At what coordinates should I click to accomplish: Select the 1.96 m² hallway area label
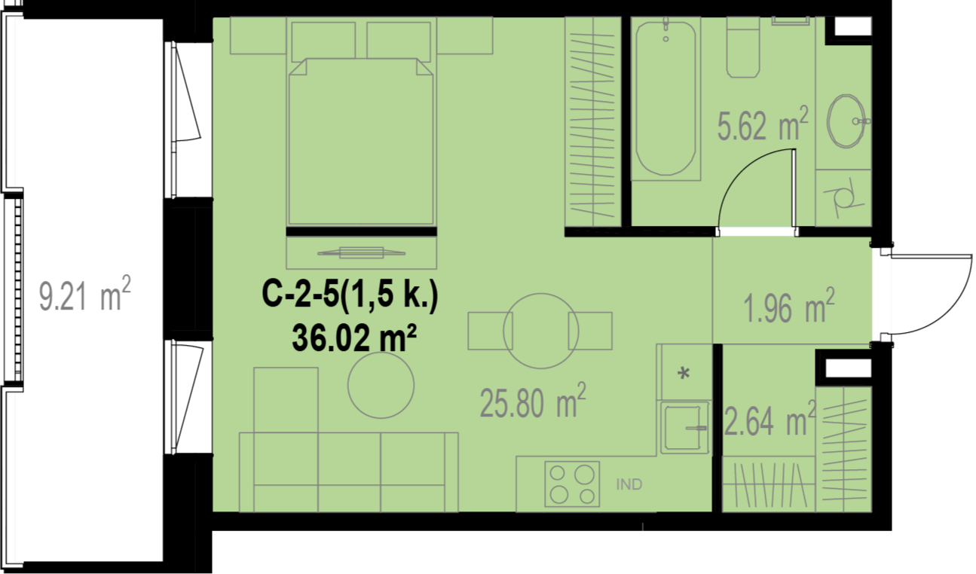pos(788,306)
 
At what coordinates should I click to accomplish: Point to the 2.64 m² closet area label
pos(769,419)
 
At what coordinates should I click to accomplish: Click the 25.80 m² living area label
pos(533,401)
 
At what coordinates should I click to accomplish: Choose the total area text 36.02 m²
pos(354,339)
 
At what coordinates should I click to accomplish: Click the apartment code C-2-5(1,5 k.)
pos(350,295)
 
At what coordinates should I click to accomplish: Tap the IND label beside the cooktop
pos(629,484)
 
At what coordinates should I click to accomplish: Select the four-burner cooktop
pos(572,484)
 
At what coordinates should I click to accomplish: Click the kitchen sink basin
pos(684,427)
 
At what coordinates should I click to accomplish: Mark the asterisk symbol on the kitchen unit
pos(684,374)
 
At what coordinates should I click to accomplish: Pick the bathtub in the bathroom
pos(665,99)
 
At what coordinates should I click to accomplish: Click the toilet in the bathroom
pos(743,47)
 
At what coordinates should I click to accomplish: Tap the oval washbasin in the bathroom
pos(846,121)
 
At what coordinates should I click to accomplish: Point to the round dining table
pos(540,331)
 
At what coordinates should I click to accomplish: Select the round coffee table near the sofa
pos(381,385)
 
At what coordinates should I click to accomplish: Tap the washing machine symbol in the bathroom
pos(843,198)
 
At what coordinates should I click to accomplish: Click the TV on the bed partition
pos(362,252)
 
